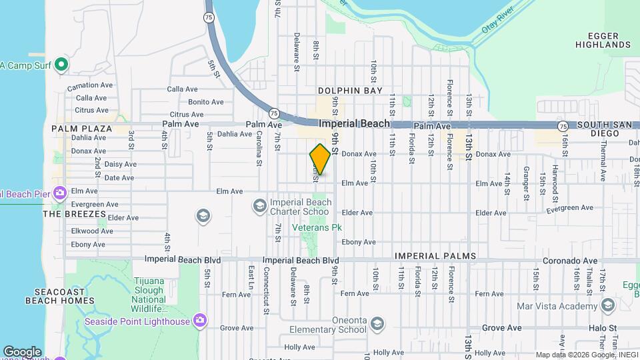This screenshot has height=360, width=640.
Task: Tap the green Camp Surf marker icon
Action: tap(61, 65)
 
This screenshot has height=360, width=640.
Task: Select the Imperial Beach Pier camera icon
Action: tap(59, 193)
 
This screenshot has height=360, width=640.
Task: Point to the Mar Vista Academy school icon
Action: tap(607, 306)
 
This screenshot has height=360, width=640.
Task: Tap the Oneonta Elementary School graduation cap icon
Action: tap(377, 324)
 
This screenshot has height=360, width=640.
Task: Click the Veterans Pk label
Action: tap(317, 227)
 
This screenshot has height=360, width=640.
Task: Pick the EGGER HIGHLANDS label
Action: tap(609, 40)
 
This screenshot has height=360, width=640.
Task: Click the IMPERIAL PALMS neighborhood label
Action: tap(436, 256)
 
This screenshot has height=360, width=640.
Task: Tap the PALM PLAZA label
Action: tap(82, 128)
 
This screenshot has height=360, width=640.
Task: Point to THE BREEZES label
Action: tap(75, 214)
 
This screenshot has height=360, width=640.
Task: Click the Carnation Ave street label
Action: tap(90, 87)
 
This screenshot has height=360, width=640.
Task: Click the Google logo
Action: tap(22, 351)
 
